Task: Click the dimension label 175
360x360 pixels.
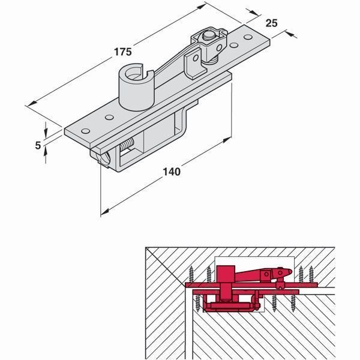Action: click(123, 52)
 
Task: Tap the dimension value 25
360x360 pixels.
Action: click(271, 23)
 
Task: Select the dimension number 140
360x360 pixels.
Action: click(172, 172)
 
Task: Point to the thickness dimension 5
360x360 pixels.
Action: click(38, 145)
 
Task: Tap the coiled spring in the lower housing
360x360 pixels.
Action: click(127, 145)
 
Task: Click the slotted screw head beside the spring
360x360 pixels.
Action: click(104, 158)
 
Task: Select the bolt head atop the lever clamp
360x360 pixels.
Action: click(208, 35)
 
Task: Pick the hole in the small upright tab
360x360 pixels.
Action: click(196, 58)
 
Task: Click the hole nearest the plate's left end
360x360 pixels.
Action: click(85, 131)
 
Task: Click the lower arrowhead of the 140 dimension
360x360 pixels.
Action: click(104, 212)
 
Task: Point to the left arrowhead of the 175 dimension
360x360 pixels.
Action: click(32, 104)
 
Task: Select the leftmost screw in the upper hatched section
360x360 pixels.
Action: click(191, 274)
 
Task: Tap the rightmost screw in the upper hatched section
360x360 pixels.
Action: click(311, 274)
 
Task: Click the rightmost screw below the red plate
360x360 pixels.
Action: click(293, 303)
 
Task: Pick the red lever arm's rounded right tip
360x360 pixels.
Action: click(290, 272)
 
